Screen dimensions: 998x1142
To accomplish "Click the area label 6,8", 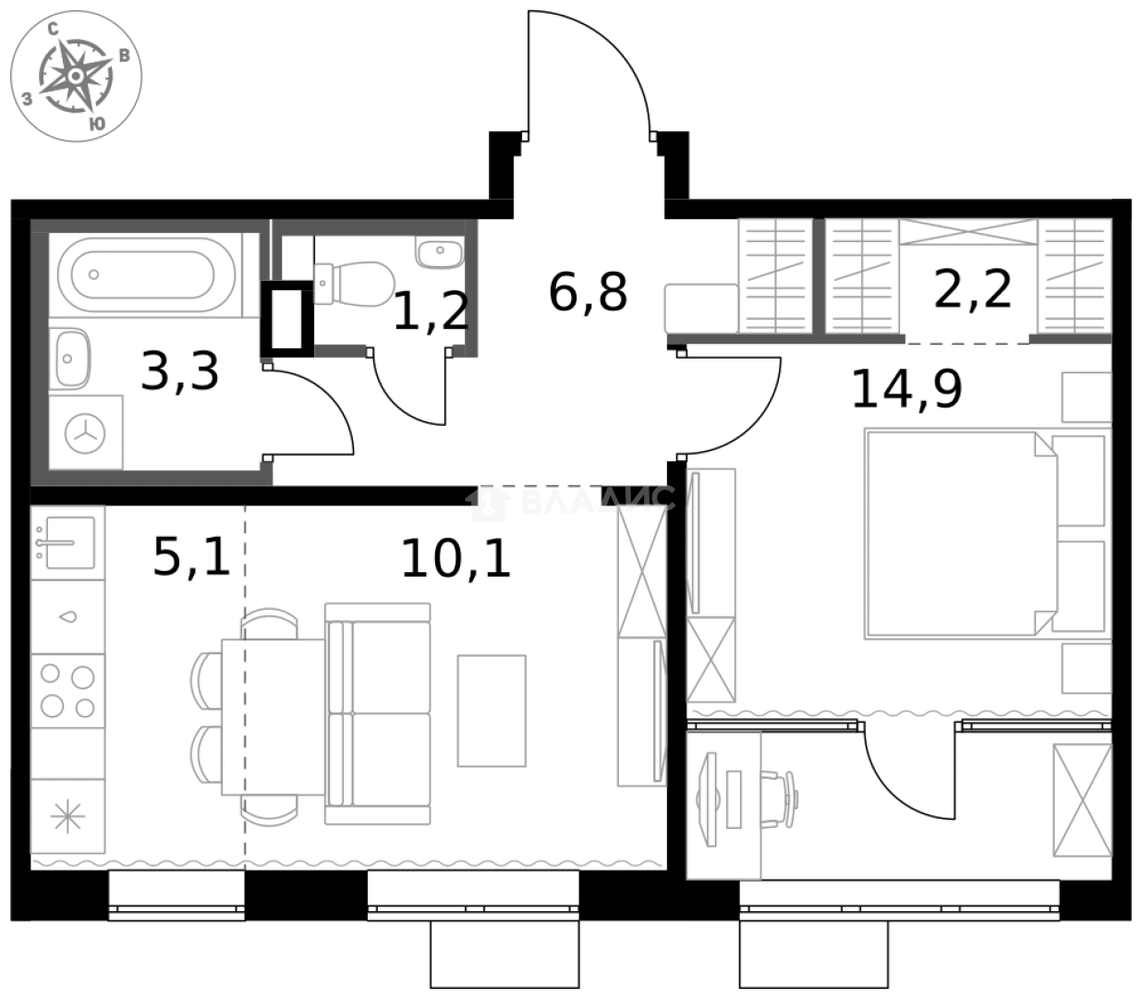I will tap(588, 292).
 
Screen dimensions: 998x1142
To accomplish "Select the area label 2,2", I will tap(973, 289).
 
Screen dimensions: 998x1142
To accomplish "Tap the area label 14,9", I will tap(906, 389).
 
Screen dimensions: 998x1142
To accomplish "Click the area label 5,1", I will tap(191, 558).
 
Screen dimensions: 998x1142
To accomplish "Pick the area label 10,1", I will tap(456, 558).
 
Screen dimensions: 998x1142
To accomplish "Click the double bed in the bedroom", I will tap(985, 533).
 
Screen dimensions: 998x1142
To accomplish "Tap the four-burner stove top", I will tap(67, 691).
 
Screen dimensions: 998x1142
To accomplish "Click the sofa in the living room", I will tap(379, 713).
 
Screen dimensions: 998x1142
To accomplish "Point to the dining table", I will tap(273, 717).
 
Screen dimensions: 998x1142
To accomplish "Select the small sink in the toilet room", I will tap(439, 250).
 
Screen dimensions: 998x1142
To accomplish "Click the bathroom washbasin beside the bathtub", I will tap(70, 359).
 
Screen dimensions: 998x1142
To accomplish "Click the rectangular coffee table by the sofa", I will tap(492, 711).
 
